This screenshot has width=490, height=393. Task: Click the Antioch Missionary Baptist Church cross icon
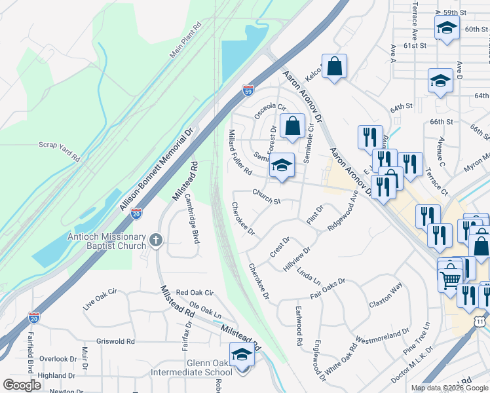point(156,240)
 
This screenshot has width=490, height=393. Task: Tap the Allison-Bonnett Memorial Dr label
point(157,170)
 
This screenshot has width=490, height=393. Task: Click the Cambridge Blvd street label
point(191,218)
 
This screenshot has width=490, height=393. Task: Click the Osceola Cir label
point(271,114)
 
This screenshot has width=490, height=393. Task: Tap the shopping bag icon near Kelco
point(334,66)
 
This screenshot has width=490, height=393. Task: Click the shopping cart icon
point(451,279)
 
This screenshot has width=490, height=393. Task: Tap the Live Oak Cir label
point(100,301)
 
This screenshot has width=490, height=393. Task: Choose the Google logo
point(22,385)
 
